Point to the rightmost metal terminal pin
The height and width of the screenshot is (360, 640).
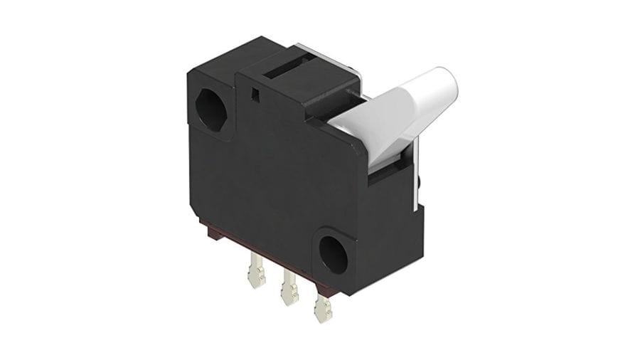pyautogui.click(x=322, y=308)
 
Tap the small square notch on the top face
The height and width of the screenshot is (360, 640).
pyautogui.click(x=255, y=90)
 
